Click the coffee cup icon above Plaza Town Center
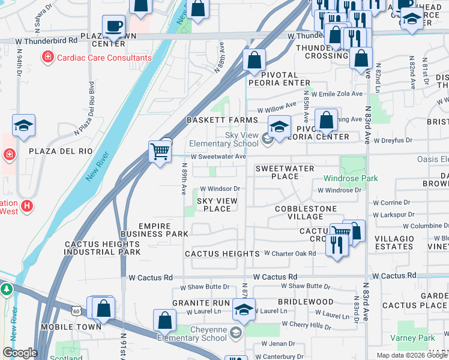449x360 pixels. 113,26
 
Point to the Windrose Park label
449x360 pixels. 351,178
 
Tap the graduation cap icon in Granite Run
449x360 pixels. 244,310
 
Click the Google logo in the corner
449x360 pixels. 20,353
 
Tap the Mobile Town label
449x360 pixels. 65,327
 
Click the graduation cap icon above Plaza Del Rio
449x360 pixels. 24,125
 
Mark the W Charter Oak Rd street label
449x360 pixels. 290,254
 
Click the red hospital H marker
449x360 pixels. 26,206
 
